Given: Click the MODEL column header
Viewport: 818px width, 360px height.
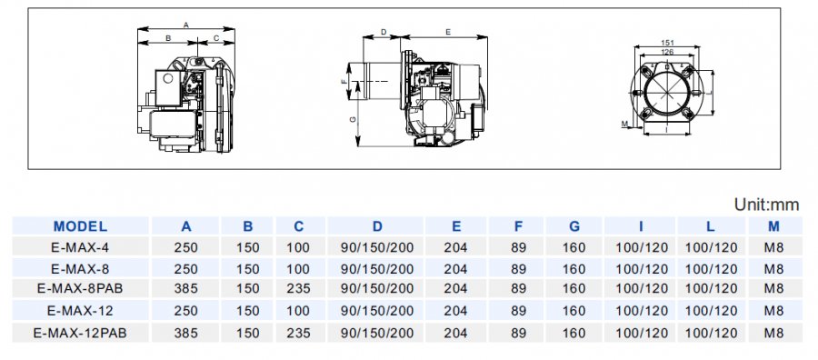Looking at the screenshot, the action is point(80,226).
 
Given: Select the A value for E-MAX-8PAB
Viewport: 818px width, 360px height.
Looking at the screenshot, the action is point(185,288).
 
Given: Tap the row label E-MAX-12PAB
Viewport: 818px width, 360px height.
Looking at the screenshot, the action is point(80,333).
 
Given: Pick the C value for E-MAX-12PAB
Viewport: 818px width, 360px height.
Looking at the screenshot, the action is point(298,333).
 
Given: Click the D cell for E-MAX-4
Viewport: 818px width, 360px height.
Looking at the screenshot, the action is point(377,247).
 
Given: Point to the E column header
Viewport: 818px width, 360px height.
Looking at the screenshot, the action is point(456,226).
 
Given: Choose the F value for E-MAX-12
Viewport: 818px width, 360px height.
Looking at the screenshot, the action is point(518,311).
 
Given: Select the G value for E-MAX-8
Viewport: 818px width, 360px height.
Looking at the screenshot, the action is point(574,269).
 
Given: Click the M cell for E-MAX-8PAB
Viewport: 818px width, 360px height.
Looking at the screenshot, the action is point(774,288).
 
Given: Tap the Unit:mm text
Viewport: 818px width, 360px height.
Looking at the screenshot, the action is point(767,205).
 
